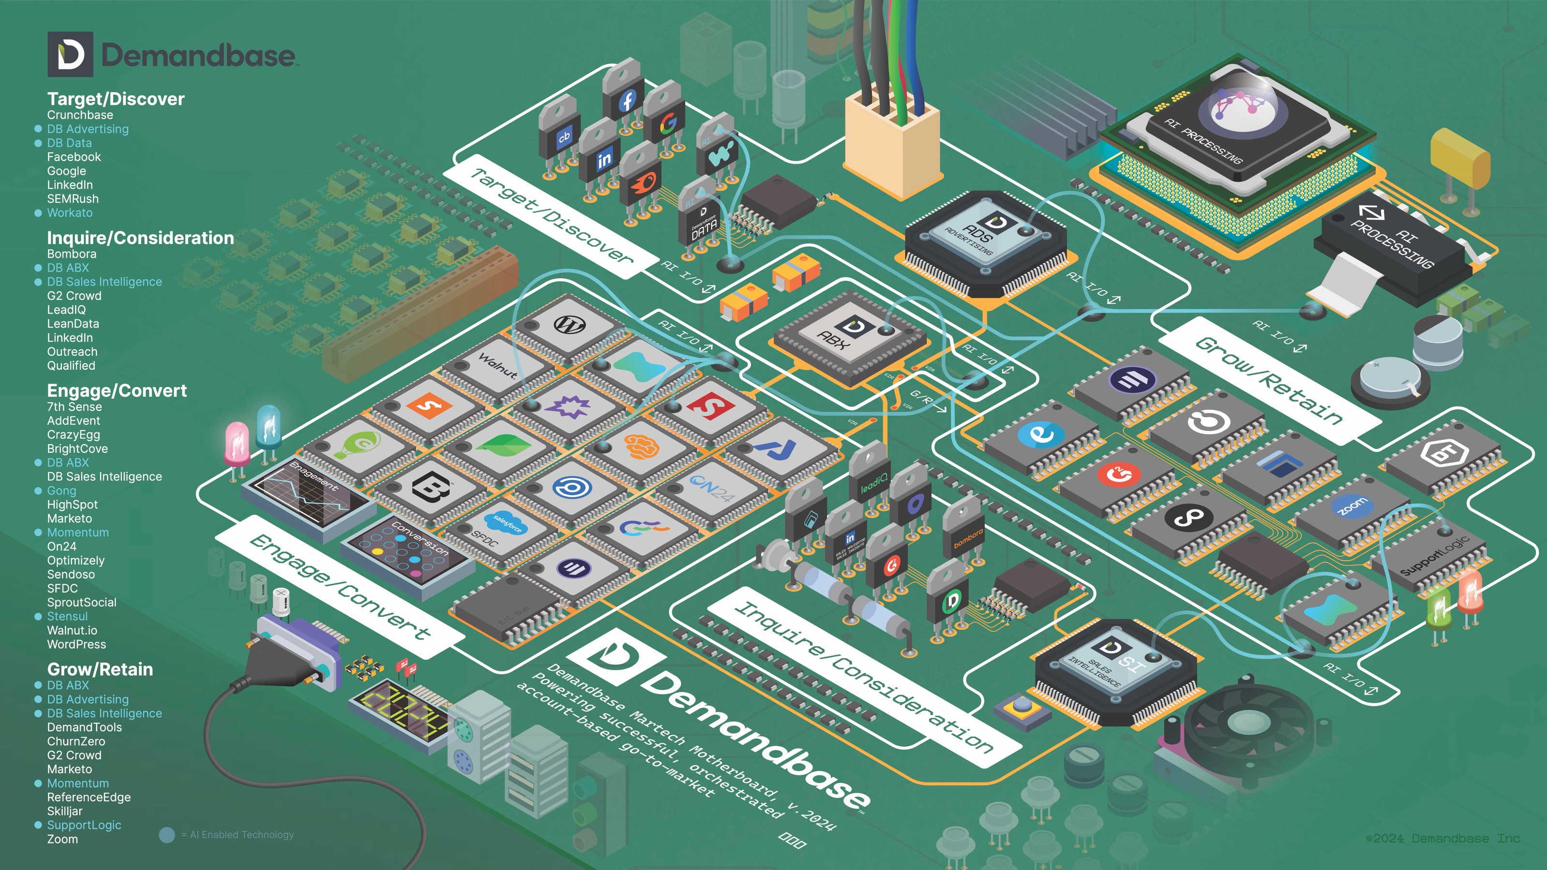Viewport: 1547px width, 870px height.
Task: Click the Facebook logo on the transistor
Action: point(627,100)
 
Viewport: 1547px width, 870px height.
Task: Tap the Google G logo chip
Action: point(668,123)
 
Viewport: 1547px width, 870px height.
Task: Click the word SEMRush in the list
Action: point(73,199)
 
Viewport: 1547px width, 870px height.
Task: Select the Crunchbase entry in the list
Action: point(80,115)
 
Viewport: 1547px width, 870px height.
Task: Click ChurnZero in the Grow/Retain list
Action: point(76,741)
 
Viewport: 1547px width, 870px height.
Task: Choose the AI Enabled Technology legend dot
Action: point(167,835)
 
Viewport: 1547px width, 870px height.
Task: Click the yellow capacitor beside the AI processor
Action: point(1459,157)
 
